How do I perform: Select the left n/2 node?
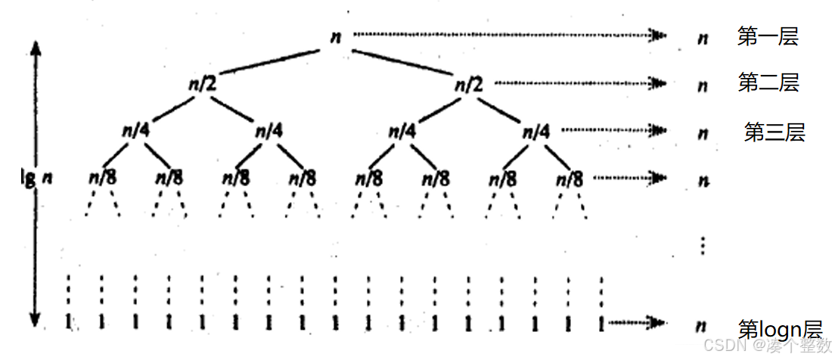point(202,83)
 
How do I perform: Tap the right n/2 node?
point(467,83)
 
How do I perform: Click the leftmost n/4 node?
point(136,130)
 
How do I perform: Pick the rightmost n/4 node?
point(536,130)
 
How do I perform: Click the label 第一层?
point(768,36)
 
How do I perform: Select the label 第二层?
point(768,83)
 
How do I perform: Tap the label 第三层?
point(774,132)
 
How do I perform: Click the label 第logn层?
point(779,330)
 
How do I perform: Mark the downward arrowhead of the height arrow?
point(35,319)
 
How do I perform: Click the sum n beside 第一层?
point(703,37)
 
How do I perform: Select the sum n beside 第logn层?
point(702,326)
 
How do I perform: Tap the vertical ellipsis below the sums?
point(703,244)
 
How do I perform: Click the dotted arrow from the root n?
point(507,35)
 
